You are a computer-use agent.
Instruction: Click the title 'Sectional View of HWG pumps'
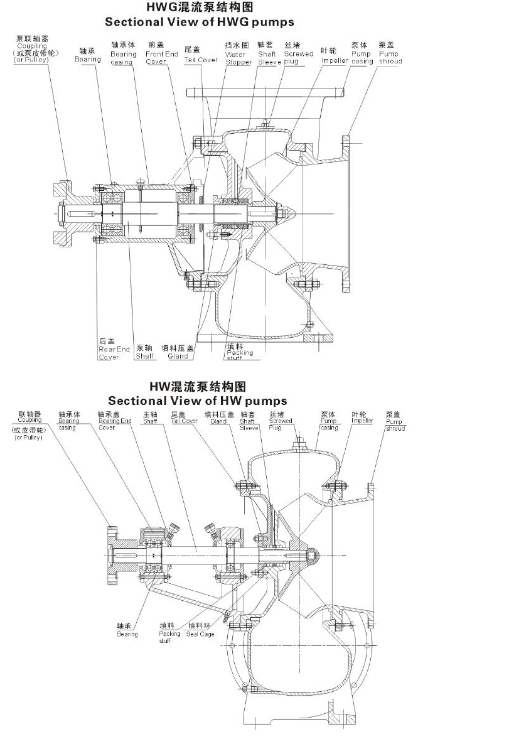199,22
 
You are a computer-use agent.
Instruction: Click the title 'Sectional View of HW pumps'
197,401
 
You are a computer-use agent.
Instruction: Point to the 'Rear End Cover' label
114,349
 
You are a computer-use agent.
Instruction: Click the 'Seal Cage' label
200,633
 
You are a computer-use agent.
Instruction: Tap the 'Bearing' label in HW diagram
127,630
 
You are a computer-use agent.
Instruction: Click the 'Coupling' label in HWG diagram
31,46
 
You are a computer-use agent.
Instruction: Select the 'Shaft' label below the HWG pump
145,352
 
